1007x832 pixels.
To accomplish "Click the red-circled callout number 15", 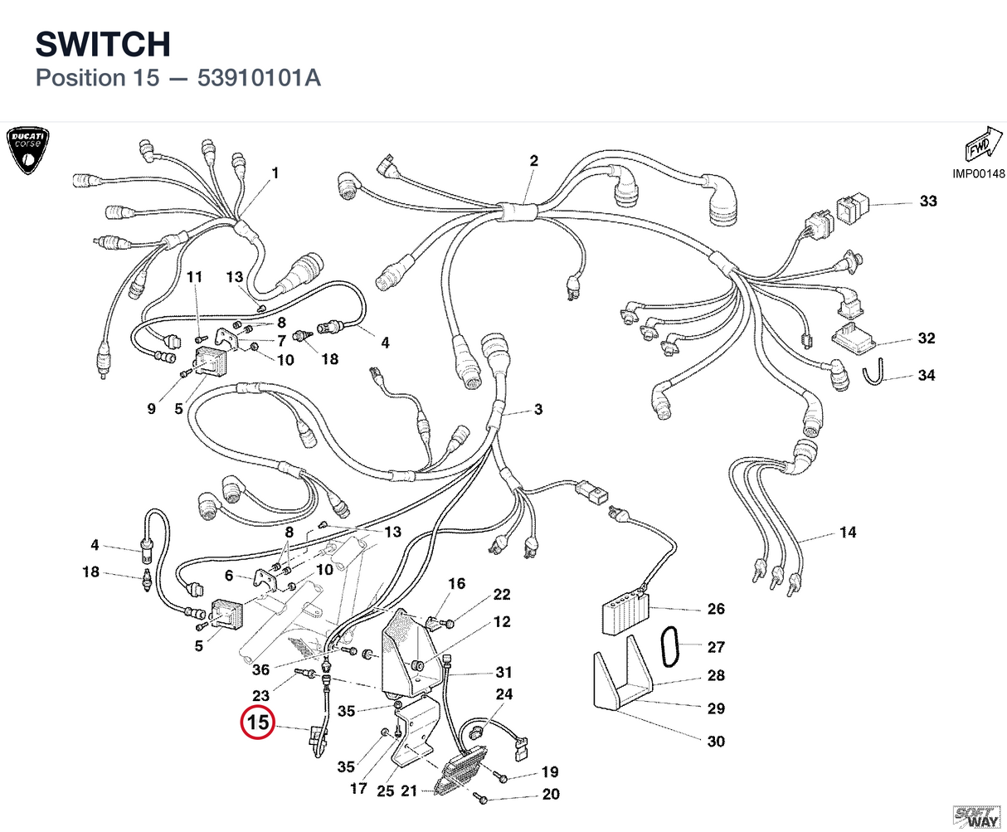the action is pyautogui.click(x=257, y=722).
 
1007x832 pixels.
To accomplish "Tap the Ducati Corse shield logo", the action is pyautogui.click(x=27, y=150).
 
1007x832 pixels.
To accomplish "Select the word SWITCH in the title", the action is pyautogui.click(x=103, y=44).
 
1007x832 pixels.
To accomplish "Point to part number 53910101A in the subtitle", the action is pyautogui.click(x=259, y=78).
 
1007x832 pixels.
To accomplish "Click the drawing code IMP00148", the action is pyautogui.click(x=979, y=173).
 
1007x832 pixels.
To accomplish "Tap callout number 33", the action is pyautogui.click(x=928, y=201).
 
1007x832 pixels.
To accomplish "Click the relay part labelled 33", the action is pyautogui.click(x=852, y=208).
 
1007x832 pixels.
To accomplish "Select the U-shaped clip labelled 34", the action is pyautogui.click(x=873, y=372).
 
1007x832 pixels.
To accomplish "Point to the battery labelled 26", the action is pyautogui.click(x=625, y=614).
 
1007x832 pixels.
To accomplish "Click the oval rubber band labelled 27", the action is pyautogui.click(x=669, y=646).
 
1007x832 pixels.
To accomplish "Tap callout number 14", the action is pyautogui.click(x=848, y=532).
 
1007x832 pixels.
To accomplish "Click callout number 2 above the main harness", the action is pyautogui.click(x=533, y=161).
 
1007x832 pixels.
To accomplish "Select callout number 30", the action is pyautogui.click(x=716, y=741).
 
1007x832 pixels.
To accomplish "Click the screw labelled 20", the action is pyautogui.click(x=480, y=798).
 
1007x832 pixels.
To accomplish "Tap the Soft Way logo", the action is pyautogui.click(x=976, y=816).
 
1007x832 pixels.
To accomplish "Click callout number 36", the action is pyautogui.click(x=260, y=669).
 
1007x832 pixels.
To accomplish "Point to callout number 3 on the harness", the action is pyautogui.click(x=538, y=409).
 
